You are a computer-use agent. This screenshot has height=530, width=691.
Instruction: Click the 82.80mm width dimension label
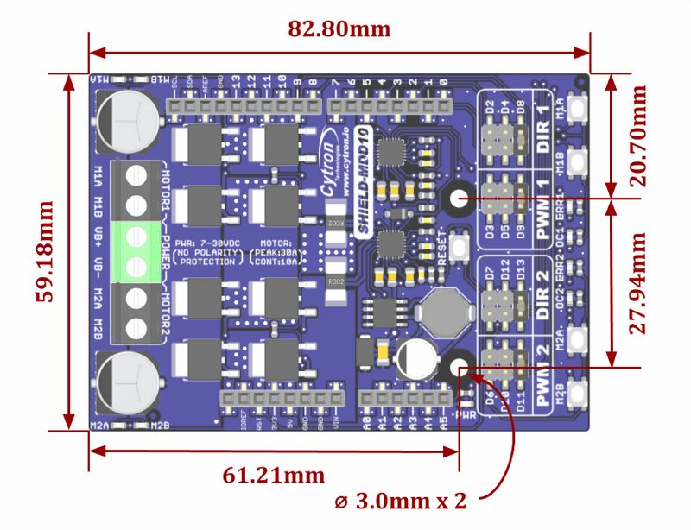tap(339, 28)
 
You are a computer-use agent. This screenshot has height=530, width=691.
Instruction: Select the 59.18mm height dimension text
tap(45, 251)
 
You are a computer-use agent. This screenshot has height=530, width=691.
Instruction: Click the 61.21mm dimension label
tap(273, 475)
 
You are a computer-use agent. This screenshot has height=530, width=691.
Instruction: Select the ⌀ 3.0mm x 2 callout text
tap(400, 502)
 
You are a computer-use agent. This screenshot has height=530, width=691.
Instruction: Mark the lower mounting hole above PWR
tap(459, 367)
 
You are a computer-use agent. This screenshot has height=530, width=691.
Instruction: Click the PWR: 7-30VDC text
tap(207, 244)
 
